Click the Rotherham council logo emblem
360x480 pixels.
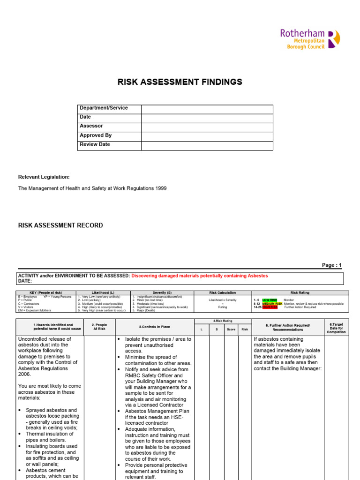point(334,39)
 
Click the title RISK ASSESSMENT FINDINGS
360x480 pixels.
point(180,82)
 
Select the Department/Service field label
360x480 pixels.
point(104,108)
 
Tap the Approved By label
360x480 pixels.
point(96,135)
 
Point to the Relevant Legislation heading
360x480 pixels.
point(44,177)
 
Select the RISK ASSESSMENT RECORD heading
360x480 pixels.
point(60,225)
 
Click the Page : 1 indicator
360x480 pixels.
point(332,265)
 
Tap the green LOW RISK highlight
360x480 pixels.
point(270,300)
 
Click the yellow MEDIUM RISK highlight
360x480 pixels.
point(272,303)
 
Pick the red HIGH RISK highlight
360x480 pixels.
point(270,307)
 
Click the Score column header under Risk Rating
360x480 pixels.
point(231,330)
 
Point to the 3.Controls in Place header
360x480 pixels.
point(155,327)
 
